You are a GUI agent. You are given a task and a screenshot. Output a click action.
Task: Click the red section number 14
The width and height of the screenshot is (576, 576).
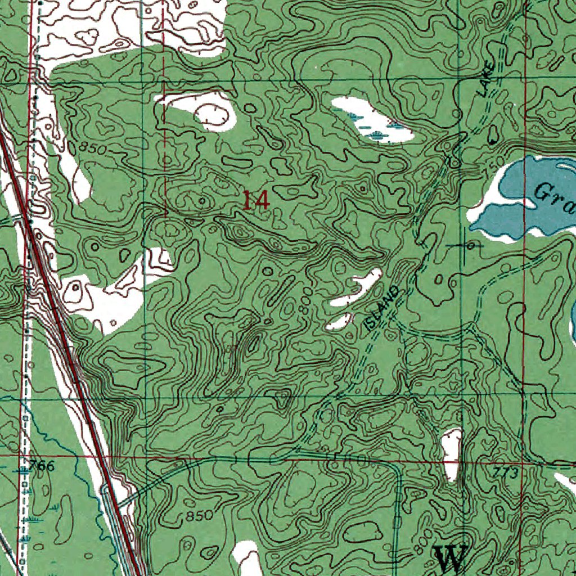tap(256, 200)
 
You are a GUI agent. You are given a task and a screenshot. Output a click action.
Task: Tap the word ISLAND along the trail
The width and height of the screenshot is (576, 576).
tap(382, 308)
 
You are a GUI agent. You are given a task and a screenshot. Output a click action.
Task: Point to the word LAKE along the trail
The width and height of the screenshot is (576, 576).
tap(488, 81)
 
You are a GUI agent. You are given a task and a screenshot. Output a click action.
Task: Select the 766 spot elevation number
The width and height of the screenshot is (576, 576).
tap(43, 466)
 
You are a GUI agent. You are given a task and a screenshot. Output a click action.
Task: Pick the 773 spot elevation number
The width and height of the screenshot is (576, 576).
tap(505, 473)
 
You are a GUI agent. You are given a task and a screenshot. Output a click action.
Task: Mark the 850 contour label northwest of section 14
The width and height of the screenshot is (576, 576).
tap(92, 148)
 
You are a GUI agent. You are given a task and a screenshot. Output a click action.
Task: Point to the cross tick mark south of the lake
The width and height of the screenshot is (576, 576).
tap(466, 246)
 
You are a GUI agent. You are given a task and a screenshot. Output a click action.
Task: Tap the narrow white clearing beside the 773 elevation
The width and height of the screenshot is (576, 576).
tap(452, 453)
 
